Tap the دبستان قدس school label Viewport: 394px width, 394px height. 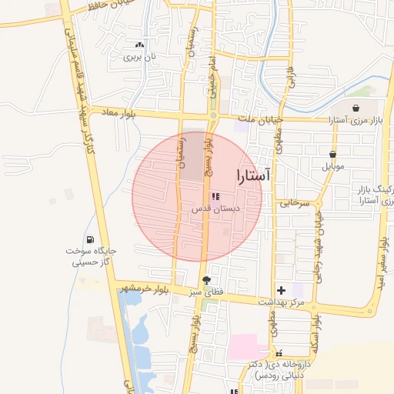point(216,209)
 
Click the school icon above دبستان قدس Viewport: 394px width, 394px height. point(215,196)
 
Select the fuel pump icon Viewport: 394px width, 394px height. point(92,239)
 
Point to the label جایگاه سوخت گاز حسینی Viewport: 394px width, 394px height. point(90,257)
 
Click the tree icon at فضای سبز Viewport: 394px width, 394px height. point(205,280)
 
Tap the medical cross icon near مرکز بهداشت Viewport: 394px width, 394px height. point(281,291)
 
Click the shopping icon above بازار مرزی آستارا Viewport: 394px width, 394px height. point(356,109)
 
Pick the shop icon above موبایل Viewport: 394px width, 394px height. point(332,154)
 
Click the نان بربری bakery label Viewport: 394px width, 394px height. point(141,57)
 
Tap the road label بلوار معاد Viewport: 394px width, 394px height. point(117,113)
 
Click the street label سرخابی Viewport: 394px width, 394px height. point(294,204)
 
